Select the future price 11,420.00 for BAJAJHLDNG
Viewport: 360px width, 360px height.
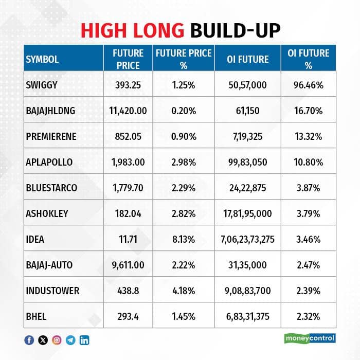point(128,111)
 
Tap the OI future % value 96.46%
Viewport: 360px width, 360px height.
point(309,85)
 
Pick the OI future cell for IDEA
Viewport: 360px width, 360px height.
point(247,240)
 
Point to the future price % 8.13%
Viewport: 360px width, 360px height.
point(184,240)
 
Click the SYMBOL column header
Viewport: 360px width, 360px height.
point(42,59)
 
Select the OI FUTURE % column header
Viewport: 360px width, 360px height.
point(309,59)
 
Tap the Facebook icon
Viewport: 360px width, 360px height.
point(29,340)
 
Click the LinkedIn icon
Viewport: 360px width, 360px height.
point(84,340)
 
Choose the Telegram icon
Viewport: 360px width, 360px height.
point(70,340)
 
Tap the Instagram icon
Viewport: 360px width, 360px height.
point(57,340)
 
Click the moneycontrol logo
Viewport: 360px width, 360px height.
point(310,338)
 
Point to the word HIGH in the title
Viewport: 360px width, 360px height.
point(103,30)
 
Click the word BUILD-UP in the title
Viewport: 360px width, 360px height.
point(236,30)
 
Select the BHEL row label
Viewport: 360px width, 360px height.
point(36,317)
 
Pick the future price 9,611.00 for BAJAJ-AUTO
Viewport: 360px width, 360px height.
point(128,265)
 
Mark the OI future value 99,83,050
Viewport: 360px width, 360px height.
point(247,163)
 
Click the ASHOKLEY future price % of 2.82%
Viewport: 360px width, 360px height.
point(184,214)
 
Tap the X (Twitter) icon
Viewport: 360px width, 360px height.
point(43,340)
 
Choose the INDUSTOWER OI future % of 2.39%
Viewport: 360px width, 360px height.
point(309,291)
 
